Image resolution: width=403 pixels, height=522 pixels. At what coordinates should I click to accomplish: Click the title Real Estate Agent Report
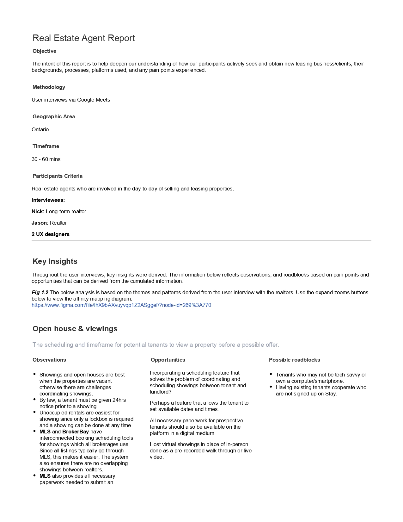[x=84, y=38]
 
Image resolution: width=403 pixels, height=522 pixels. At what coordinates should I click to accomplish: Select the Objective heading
[x=44, y=51]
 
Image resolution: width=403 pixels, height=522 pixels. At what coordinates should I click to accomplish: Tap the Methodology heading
[x=49, y=87]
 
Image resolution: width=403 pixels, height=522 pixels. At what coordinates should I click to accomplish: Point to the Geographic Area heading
[x=54, y=116]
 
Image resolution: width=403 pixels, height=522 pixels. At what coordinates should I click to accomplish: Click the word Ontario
[x=40, y=129]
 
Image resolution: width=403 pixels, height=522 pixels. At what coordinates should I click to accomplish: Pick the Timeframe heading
[x=46, y=146]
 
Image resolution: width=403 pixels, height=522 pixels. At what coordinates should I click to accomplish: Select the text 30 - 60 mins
[x=46, y=159]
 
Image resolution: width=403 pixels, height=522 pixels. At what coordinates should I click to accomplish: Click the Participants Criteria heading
[x=58, y=176]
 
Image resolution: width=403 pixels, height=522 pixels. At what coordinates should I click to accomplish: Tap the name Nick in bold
[x=38, y=211]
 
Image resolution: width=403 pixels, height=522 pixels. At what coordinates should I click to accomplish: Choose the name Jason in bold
[x=40, y=223]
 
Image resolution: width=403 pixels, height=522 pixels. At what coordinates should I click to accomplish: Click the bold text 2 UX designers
[x=51, y=234]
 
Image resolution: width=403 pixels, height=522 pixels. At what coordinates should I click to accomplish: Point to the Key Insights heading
[x=55, y=261]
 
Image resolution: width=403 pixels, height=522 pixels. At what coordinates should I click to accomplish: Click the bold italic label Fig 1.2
[x=40, y=292]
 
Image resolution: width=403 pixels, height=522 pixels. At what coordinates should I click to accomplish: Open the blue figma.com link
[x=121, y=305]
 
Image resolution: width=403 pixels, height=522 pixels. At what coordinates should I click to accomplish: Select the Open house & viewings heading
[x=75, y=329]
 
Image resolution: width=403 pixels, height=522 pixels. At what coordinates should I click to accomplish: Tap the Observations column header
[x=49, y=360]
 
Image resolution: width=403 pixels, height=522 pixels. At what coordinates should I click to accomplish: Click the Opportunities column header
[x=168, y=360]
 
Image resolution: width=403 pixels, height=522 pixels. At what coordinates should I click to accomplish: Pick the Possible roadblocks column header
[x=294, y=360]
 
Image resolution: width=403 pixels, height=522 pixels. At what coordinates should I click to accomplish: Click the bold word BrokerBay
[x=76, y=432]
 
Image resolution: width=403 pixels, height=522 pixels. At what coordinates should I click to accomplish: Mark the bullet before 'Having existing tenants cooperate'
[x=271, y=387]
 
